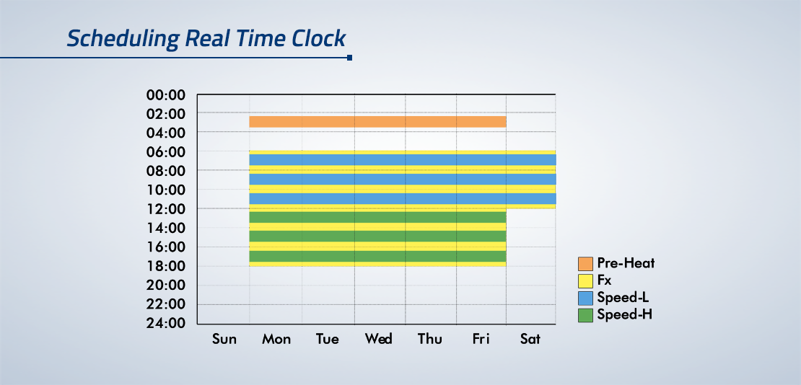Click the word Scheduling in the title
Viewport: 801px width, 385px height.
click(123, 40)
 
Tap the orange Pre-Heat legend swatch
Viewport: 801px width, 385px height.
click(585, 264)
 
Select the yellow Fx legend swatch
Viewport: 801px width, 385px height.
click(585, 281)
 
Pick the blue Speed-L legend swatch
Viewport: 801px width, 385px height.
click(585, 298)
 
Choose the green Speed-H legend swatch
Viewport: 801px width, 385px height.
click(585, 315)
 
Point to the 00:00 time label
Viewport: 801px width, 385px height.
click(165, 95)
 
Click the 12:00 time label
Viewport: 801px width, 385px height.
click(165, 209)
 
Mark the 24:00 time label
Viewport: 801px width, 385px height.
click(165, 323)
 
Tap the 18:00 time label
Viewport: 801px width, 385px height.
click(165, 266)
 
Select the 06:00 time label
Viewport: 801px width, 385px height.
click(165, 152)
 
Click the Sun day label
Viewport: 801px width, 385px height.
click(224, 339)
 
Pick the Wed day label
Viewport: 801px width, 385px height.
click(379, 339)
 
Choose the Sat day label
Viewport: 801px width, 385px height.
click(530, 339)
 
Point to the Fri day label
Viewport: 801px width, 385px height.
click(480, 339)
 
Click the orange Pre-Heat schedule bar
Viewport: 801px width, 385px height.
click(377, 122)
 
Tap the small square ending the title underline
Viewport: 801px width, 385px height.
click(349, 58)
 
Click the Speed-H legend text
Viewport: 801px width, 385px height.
click(624, 314)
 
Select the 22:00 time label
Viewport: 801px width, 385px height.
click(165, 304)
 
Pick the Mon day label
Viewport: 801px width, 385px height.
click(276, 339)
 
